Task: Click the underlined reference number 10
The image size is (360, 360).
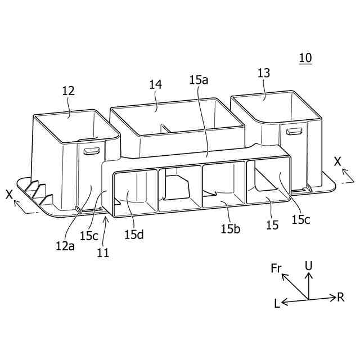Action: click(x=305, y=57)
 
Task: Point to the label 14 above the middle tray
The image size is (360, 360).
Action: click(x=156, y=84)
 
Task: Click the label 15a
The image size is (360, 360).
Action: click(x=199, y=80)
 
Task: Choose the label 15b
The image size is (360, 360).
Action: click(x=231, y=229)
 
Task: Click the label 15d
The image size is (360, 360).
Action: click(x=134, y=234)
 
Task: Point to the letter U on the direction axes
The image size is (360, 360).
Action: click(x=308, y=264)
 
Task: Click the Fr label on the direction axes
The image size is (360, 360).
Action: click(x=276, y=268)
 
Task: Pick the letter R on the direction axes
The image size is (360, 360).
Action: click(x=340, y=297)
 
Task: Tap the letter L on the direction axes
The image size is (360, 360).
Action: click(x=277, y=303)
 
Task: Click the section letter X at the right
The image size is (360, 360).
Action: click(x=337, y=161)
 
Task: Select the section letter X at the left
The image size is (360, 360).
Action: click(x=9, y=194)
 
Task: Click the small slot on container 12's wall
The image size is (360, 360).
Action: click(x=91, y=151)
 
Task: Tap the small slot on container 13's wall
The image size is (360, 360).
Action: click(x=293, y=131)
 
